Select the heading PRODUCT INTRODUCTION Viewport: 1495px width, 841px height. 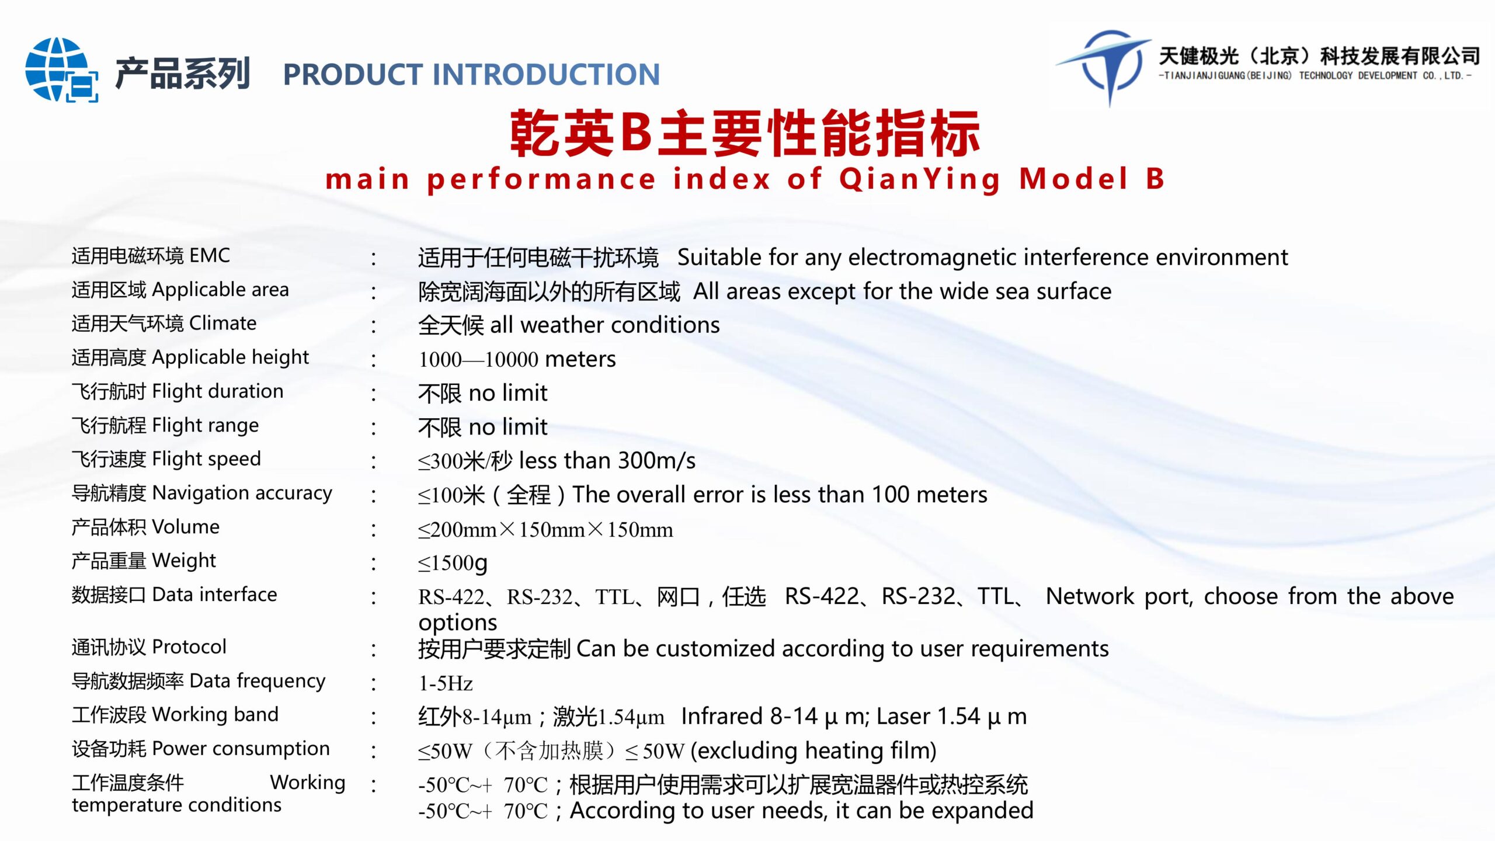click(471, 75)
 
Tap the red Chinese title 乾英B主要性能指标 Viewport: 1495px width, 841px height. click(745, 134)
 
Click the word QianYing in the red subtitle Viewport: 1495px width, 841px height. click(920, 179)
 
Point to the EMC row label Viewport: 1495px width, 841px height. click(151, 256)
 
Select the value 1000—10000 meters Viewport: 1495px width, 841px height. click(517, 359)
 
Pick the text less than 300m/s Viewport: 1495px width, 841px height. click(607, 461)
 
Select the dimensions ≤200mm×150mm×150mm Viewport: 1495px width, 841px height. click(545, 530)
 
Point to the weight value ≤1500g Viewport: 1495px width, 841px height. click(453, 563)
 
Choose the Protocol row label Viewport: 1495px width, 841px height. click(148, 647)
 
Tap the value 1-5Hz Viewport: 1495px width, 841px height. click(446, 683)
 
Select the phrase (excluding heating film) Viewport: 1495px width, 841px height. click(813, 750)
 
